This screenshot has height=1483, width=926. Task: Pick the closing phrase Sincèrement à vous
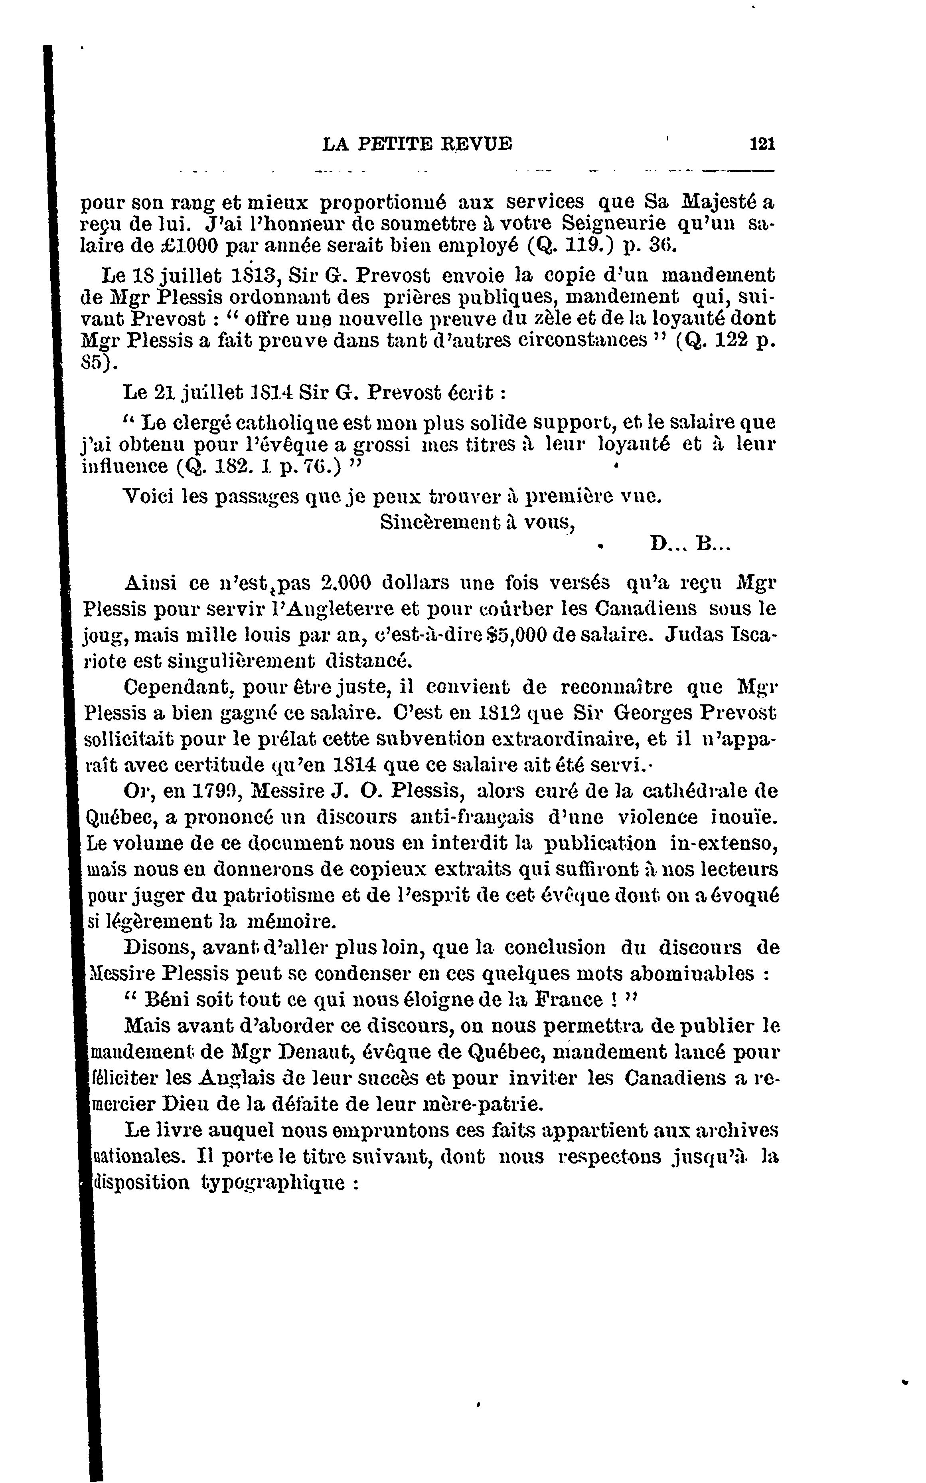tap(476, 521)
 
